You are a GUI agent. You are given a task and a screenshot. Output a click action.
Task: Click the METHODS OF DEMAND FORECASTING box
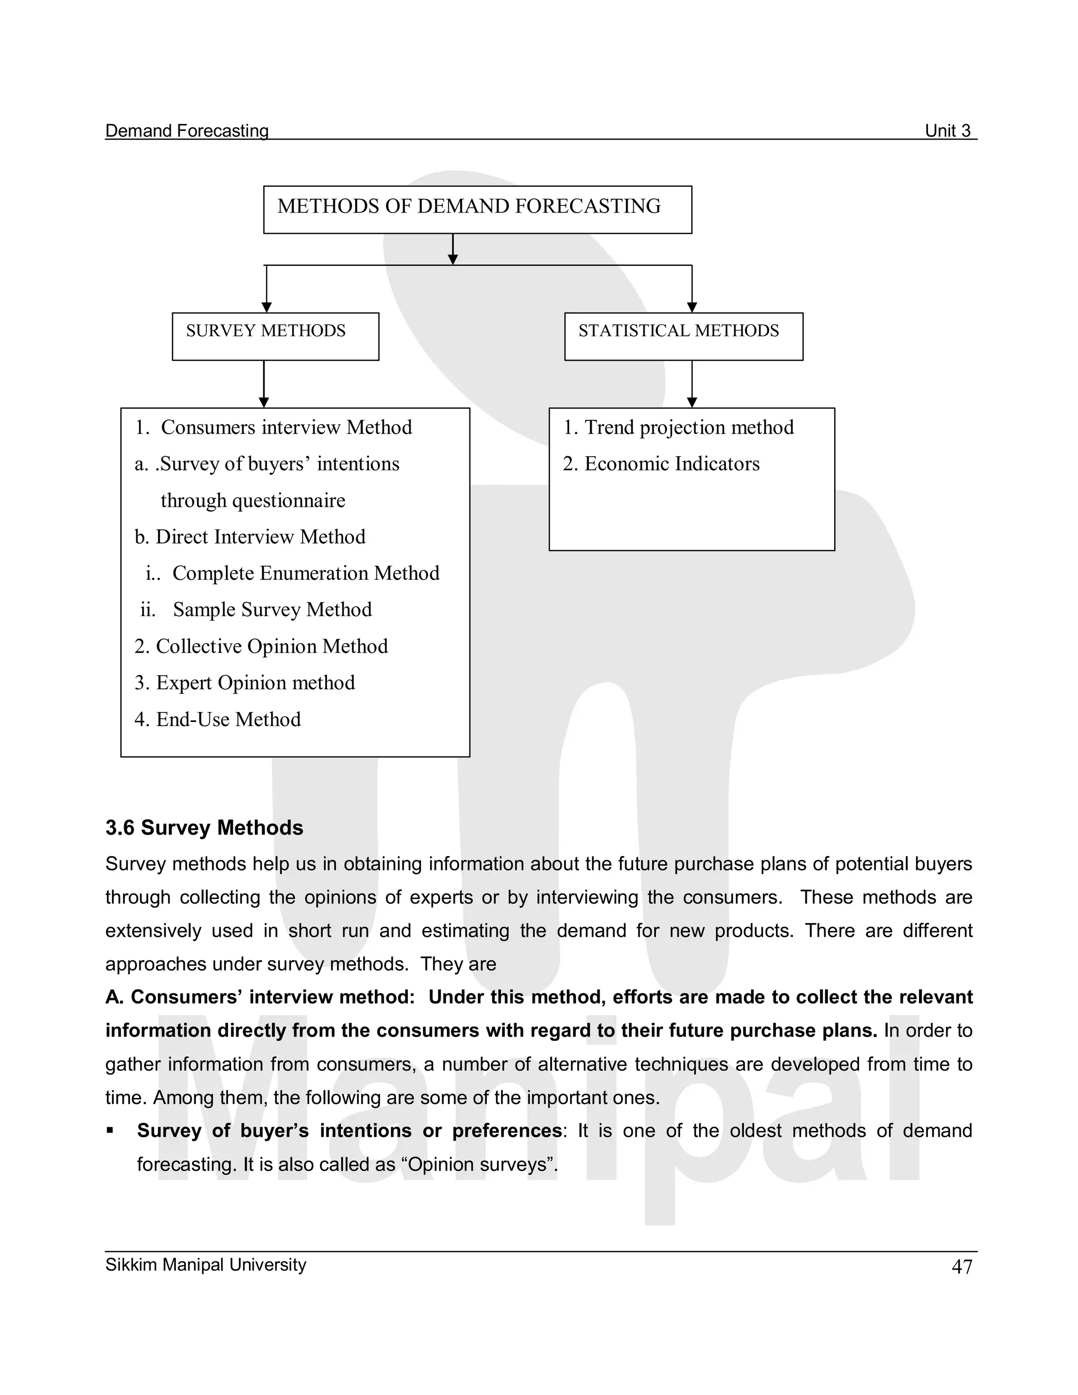coord(477,209)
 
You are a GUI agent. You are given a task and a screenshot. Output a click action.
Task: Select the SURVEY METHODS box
coord(275,336)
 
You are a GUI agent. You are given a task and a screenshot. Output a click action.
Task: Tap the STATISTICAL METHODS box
coord(683,336)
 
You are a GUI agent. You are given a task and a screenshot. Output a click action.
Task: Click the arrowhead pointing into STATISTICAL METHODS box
coord(692,307)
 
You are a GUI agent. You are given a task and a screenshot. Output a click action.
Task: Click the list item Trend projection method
coord(678,427)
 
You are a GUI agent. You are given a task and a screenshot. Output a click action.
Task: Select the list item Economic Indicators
coord(661,464)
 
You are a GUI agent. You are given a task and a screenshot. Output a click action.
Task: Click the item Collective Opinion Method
coord(262,646)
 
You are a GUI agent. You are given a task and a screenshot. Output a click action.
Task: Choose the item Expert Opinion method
coord(245,683)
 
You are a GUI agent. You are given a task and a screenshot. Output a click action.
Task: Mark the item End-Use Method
coord(217,719)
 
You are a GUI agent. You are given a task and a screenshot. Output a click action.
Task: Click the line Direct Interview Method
coord(250,537)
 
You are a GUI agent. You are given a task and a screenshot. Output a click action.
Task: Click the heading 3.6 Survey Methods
coord(204,828)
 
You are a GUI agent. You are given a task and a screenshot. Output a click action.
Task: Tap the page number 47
coord(961,1267)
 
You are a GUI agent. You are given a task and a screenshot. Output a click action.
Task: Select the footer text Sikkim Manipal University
coord(206,1264)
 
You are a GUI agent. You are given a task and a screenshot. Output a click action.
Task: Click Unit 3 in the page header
coord(947,131)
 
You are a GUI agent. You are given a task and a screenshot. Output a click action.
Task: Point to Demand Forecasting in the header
coord(186,131)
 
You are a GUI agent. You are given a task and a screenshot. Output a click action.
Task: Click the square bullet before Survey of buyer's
coord(110,1130)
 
